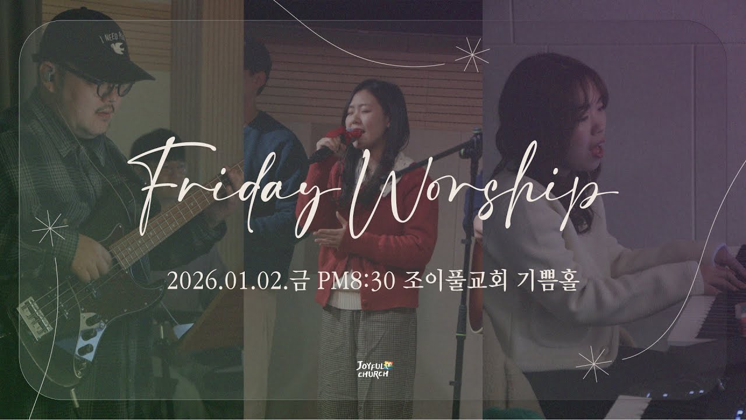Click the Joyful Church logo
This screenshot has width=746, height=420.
point(373,369)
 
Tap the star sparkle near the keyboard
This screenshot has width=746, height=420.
point(593,363)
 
